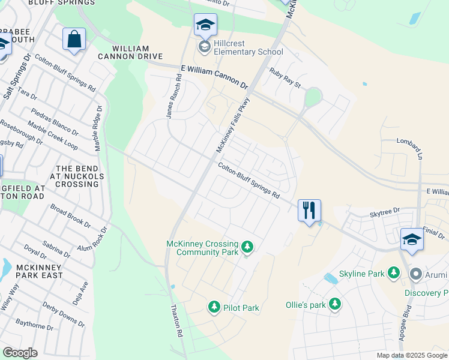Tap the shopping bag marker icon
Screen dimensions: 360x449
point(74,40)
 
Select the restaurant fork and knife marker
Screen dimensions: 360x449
point(309,211)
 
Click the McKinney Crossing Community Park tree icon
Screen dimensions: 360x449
point(247,247)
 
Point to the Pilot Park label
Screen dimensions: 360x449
point(241,308)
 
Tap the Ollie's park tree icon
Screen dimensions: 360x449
point(334,304)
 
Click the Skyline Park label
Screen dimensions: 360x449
point(361,274)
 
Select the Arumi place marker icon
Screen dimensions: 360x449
point(415,274)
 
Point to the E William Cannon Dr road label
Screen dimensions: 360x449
point(214,77)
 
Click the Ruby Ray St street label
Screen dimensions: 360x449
point(285,77)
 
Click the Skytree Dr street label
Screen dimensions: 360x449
point(384,211)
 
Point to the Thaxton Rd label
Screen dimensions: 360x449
point(176,322)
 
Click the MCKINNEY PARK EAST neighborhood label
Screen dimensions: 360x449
point(32,271)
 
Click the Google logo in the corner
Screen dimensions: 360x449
point(20,353)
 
